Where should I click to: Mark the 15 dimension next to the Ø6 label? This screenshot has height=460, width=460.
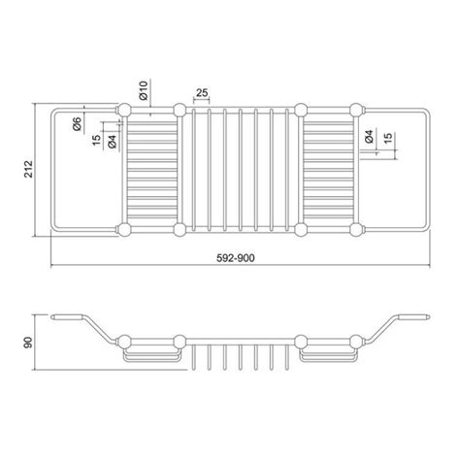(95, 142)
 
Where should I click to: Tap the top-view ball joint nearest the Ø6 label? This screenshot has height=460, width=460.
(125, 106)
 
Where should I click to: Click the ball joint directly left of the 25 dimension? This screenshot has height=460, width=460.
(180, 106)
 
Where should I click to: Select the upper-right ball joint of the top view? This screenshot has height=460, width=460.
(356, 106)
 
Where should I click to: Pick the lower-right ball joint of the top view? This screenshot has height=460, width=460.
(356, 230)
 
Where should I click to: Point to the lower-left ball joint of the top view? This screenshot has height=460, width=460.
(125, 230)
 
